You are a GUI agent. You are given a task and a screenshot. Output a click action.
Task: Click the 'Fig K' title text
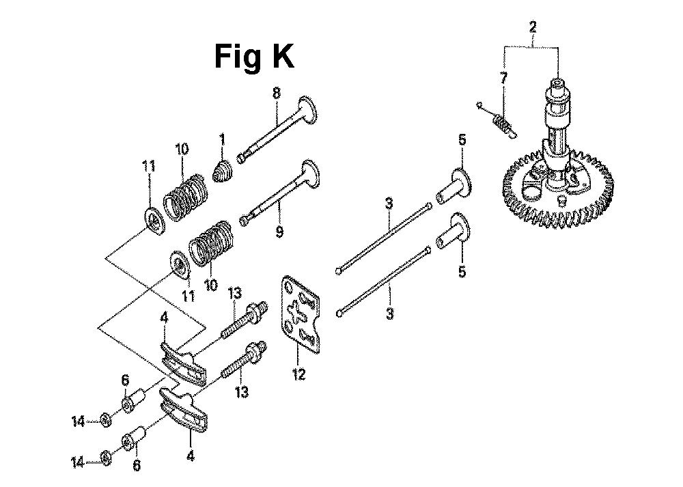254,57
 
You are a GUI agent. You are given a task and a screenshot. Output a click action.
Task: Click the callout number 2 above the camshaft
532,27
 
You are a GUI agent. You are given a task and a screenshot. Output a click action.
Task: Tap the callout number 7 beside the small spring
503,79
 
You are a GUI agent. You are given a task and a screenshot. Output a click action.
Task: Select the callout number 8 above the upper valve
277,93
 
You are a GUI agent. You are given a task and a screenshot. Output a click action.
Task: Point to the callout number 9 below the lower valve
279,231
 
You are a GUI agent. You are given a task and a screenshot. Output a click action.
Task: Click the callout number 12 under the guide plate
299,374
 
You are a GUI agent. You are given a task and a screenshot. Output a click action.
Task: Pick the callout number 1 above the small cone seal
222,139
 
